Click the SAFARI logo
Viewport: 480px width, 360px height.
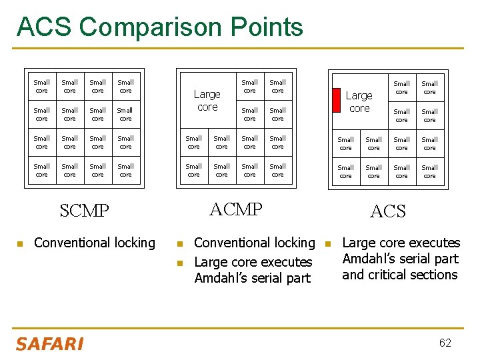click(x=50, y=343)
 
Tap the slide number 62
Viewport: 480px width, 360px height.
click(x=445, y=343)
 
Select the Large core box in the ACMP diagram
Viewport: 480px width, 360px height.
click(x=207, y=101)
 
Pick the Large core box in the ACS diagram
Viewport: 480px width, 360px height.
click(x=359, y=102)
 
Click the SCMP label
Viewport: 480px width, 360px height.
click(x=84, y=211)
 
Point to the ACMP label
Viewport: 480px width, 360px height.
click(x=236, y=209)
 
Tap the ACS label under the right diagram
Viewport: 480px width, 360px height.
click(x=387, y=212)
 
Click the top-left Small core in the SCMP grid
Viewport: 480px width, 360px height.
click(x=42, y=87)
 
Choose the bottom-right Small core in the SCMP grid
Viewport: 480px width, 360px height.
click(x=126, y=171)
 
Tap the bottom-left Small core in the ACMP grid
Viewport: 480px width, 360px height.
click(x=194, y=171)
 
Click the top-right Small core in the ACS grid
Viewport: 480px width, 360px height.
click(x=430, y=88)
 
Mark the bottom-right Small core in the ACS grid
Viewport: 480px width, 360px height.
click(x=430, y=172)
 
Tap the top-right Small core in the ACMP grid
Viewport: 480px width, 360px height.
click(x=278, y=87)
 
